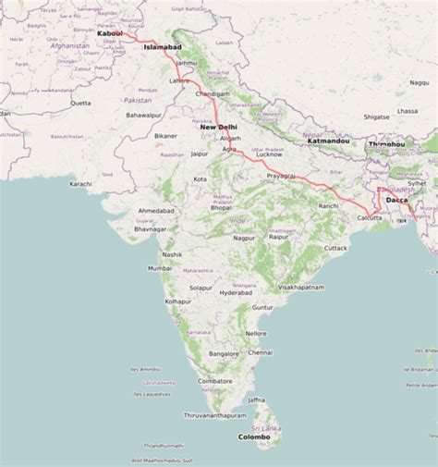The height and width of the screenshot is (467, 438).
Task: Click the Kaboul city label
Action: point(109,34)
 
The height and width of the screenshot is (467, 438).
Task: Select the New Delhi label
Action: point(219,127)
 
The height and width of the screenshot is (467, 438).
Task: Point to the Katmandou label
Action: point(328,141)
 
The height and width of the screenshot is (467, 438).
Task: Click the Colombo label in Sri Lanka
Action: point(254,436)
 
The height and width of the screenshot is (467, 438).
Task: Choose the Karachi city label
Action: point(80,184)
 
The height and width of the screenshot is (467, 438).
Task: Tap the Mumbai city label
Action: point(160,268)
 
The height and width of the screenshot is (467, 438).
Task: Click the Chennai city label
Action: point(260,352)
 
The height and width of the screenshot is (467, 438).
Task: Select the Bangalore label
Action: point(224,354)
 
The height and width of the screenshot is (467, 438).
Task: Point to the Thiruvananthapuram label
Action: point(216,415)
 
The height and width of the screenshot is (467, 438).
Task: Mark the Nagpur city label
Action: point(243,238)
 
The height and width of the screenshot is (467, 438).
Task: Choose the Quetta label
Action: point(81,103)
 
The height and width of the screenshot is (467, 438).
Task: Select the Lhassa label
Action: point(408,111)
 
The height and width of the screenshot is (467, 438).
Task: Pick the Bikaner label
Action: point(165,136)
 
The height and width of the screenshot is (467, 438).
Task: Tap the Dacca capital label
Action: point(397,200)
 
